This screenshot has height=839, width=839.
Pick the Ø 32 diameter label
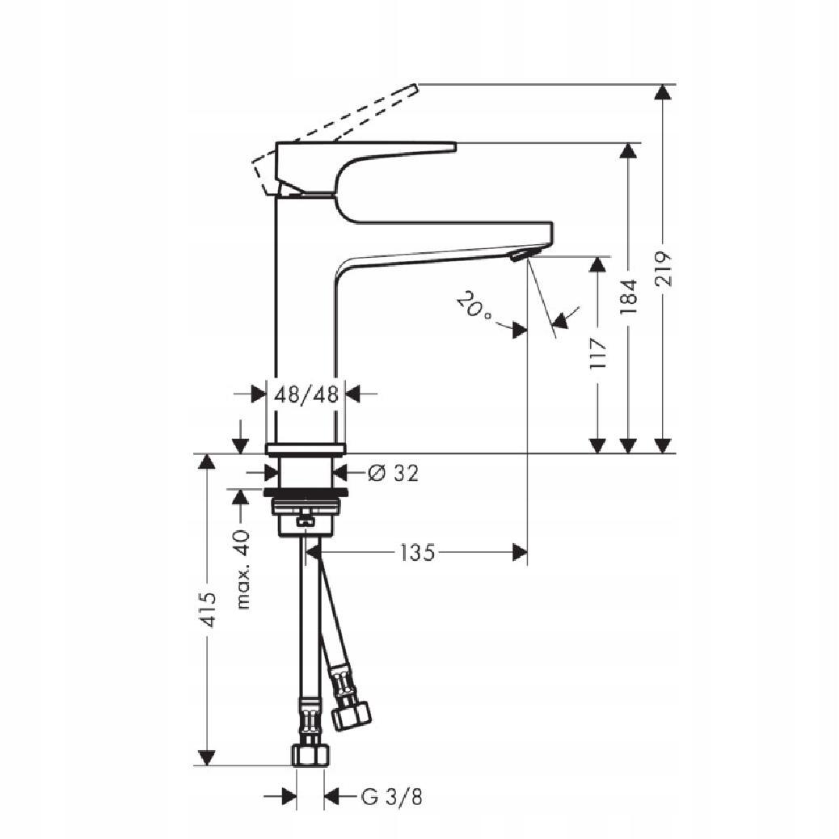[x=393, y=474]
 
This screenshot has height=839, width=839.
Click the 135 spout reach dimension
[x=417, y=553]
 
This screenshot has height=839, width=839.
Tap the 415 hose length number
[x=208, y=609]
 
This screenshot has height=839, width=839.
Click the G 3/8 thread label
[x=391, y=798]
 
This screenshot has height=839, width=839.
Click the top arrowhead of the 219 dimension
[x=663, y=91]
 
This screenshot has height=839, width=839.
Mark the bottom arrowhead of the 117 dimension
[x=598, y=445]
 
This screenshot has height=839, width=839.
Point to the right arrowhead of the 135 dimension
[x=520, y=553]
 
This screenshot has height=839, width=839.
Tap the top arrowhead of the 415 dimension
[x=208, y=462]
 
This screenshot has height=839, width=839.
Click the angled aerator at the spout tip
[x=518, y=256]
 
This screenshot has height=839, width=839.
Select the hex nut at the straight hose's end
[x=310, y=755]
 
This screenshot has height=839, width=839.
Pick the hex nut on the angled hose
[x=351, y=714]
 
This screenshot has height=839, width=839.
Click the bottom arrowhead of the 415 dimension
[x=208, y=757]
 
